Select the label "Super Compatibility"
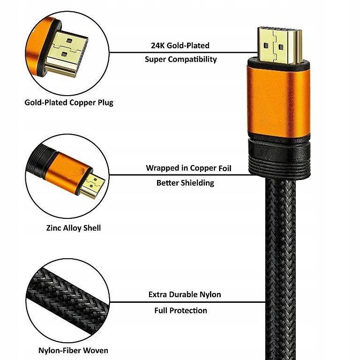coord(181,59)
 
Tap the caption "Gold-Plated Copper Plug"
coord(69,102)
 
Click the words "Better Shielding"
coord(185,182)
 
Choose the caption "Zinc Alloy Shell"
coord(74,228)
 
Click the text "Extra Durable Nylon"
coord(185,295)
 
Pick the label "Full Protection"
coord(181,310)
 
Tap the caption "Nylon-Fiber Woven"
coord(73,350)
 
